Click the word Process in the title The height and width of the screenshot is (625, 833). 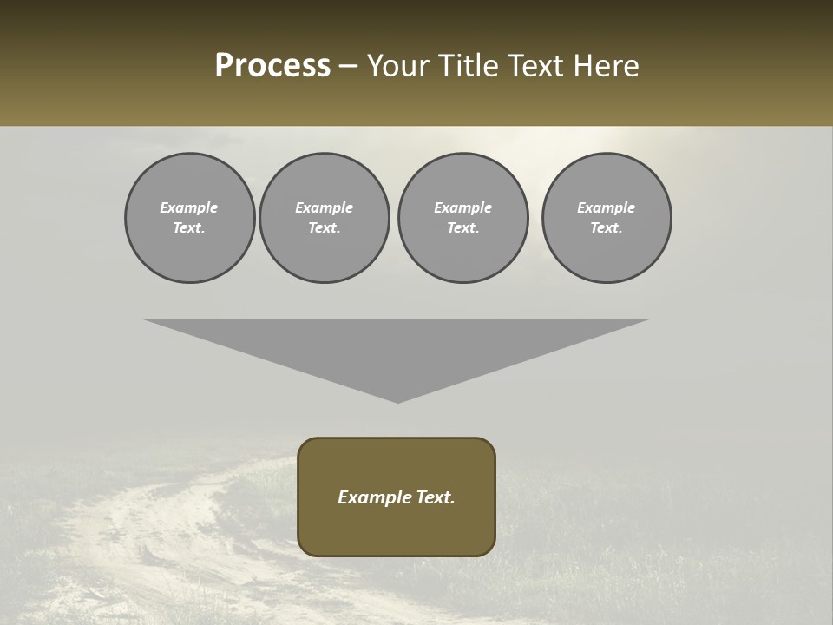coord(272,66)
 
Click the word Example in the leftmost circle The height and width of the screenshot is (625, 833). coord(189,207)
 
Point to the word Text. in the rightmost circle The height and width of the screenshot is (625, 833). coord(606,227)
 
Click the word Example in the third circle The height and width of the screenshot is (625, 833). coord(462,207)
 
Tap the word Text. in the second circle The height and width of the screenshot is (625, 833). coord(324,227)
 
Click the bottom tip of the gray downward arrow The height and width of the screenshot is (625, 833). coord(397,401)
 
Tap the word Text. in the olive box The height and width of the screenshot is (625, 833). coord(436,497)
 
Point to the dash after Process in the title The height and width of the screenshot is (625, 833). coord(348,67)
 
